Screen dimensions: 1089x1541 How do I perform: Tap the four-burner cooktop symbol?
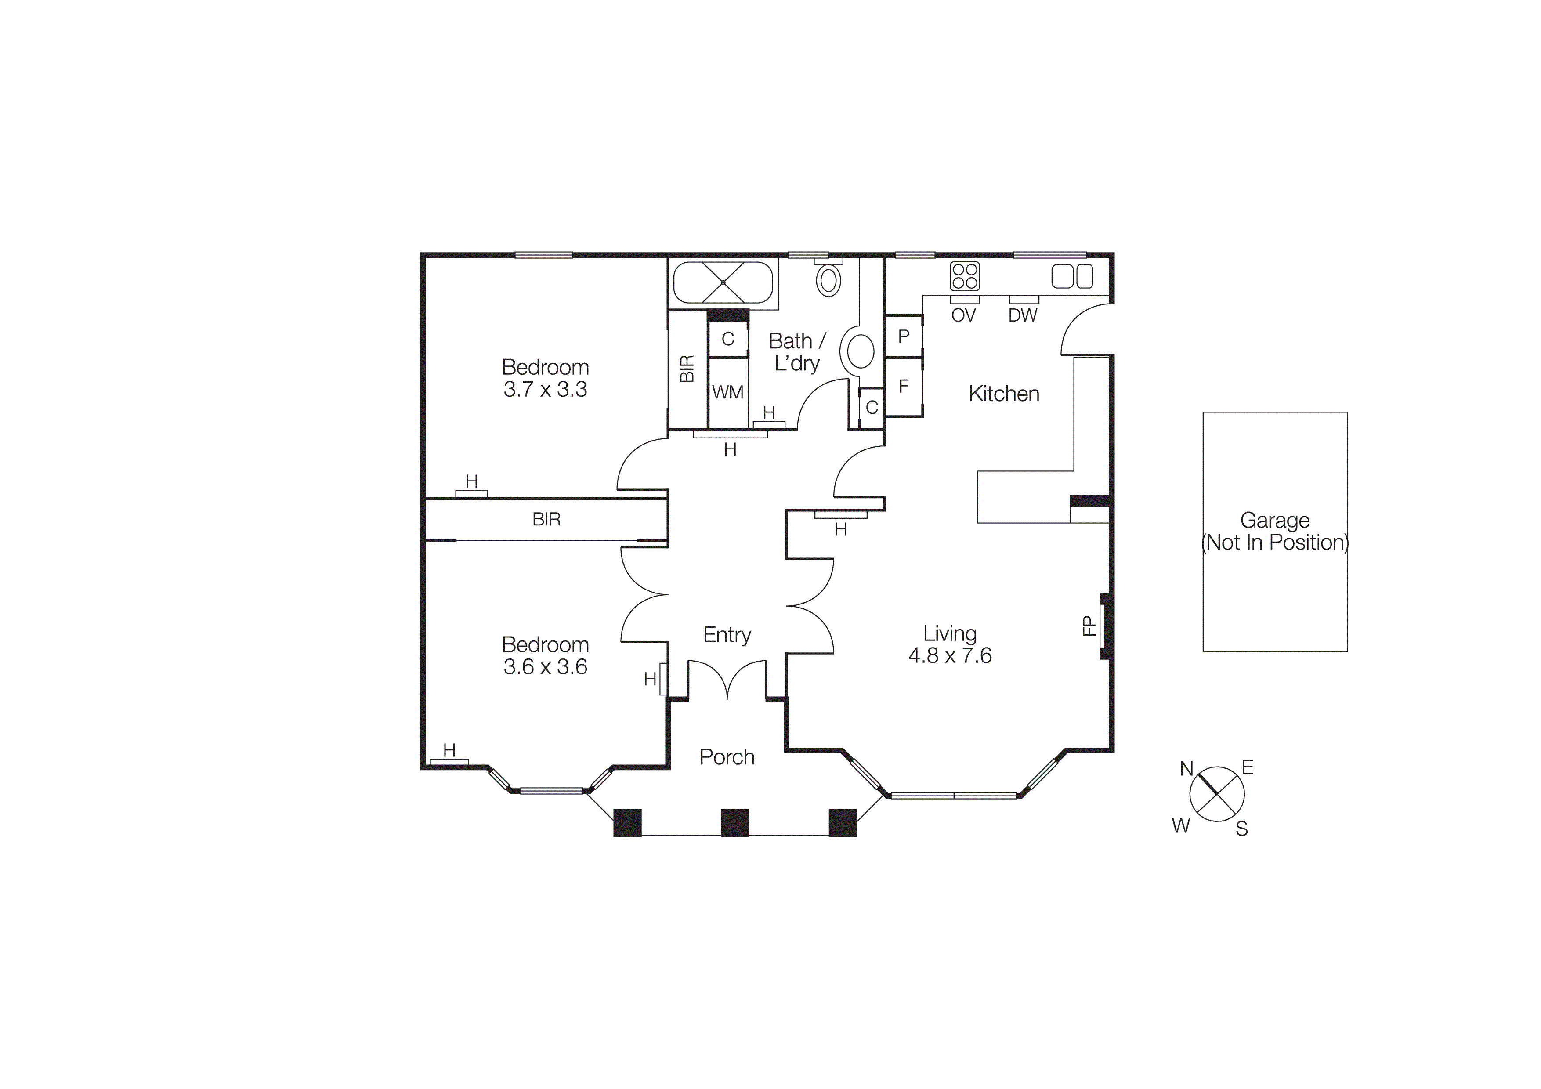pos(965,276)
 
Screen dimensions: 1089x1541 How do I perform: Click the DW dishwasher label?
pos(1022,315)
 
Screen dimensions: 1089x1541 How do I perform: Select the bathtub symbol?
pos(723,282)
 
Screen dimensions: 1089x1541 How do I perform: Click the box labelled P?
pos(904,336)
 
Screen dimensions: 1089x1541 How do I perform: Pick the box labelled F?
pos(904,387)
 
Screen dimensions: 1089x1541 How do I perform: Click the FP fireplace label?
pos(1089,626)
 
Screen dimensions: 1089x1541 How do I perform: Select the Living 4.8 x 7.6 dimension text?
pos(950,655)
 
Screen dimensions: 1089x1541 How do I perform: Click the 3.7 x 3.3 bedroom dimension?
pos(545,390)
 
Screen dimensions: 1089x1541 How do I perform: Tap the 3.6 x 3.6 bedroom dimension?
pos(545,667)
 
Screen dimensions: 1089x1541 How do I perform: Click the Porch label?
pos(727,757)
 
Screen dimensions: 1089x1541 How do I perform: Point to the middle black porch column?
pos(735,823)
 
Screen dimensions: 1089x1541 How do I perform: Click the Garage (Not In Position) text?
pos(1274,532)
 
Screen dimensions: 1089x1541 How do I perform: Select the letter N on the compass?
pos(1186,769)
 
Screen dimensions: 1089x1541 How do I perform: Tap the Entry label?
pos(727,635)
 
